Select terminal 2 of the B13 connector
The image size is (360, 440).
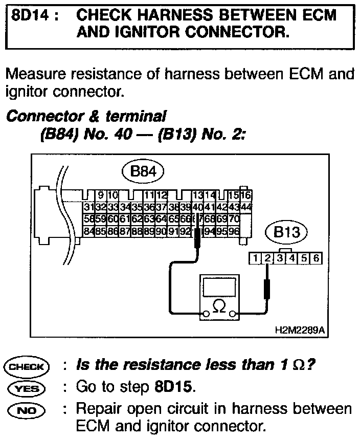click(x=266, y=258)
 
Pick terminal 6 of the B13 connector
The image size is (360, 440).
click(x=316, y=258)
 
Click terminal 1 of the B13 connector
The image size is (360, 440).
click(x=254, y=258)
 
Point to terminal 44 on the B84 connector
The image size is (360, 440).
click(x=246, y=207)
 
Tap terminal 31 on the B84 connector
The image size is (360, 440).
click(x=87, y=207)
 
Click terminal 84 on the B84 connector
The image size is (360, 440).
click(x=87, y=231)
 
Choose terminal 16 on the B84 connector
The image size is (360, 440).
click(x=246, y=195)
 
